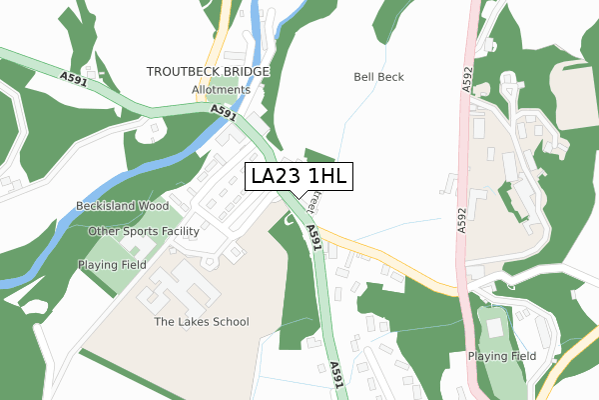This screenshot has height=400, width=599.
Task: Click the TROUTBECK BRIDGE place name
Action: [208, 72]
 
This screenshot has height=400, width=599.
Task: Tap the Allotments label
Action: [222, 90]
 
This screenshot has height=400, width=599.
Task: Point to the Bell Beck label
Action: [378, 77]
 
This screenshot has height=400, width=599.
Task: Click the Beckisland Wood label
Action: [123, 206]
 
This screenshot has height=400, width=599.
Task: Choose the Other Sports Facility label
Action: [144, 231]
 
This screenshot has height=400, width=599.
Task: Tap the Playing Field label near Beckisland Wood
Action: [112, 265]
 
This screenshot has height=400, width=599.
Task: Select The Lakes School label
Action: [201, 322]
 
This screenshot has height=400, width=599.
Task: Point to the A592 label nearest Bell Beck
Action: [467, 81]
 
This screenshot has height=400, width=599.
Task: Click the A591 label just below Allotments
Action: [224, 115]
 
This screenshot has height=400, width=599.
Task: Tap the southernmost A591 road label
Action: [336, 373]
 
